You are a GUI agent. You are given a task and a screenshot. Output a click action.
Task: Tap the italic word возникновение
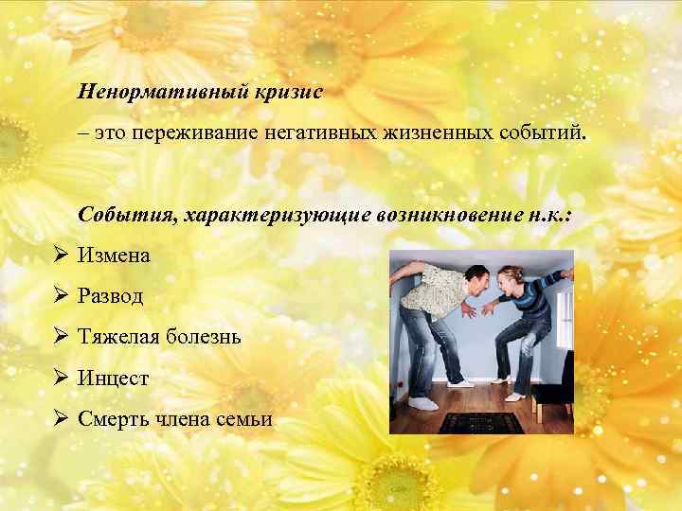pos(432,216)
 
